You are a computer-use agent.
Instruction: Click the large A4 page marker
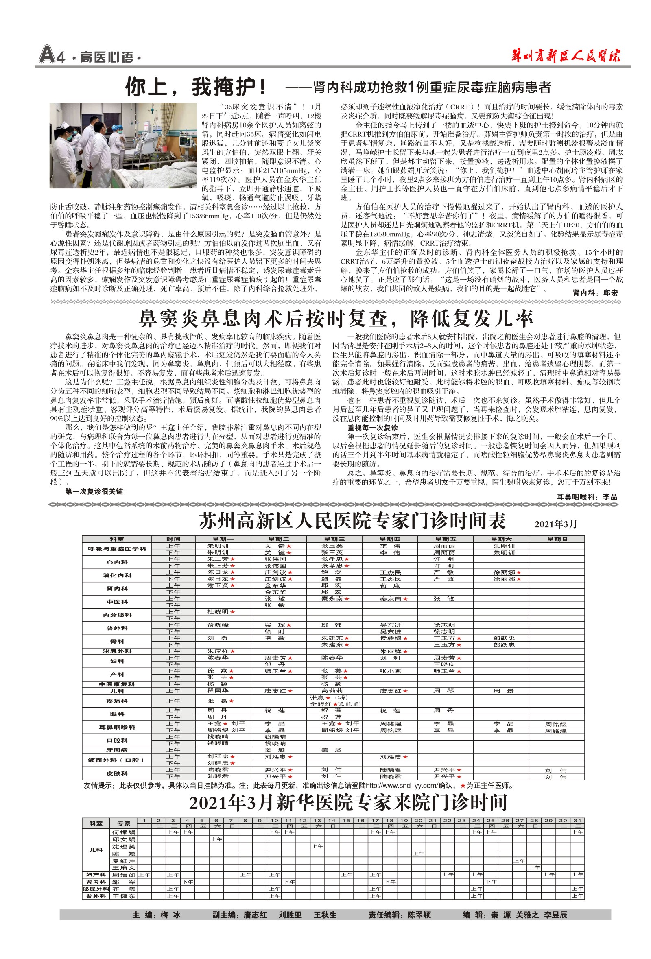coord(52,55)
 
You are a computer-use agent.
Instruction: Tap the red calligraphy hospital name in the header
coord(565,56)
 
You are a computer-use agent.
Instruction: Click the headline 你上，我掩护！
coord(196,87)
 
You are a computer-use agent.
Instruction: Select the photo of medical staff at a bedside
coord(123,145)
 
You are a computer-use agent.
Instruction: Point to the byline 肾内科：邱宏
coord(595,293)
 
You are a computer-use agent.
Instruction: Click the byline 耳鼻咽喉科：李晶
coord(587,497)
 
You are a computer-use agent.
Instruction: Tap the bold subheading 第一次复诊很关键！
coord(95,492)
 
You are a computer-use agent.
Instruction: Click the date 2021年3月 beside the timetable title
coord(555,524)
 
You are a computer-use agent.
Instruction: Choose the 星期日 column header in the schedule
coord(556,539)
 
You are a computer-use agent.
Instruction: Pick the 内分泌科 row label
coord(117,615)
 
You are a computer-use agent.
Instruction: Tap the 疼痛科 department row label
coord(117,701)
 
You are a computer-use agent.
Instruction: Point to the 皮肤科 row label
coord(117,773)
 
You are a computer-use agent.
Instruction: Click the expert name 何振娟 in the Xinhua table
coord(123,832)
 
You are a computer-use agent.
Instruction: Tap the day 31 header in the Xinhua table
coord(577,820)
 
